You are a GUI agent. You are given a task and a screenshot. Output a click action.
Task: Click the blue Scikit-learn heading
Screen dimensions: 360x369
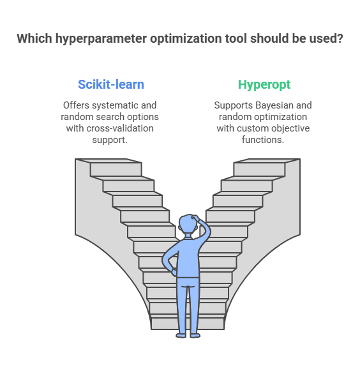(x=111, y=84)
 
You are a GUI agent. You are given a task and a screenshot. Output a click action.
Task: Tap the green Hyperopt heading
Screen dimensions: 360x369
(x=264, y=85)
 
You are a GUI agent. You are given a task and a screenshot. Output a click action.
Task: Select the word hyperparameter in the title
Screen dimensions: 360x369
(x=101, y=39)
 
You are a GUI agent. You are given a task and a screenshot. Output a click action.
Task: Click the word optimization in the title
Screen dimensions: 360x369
(x=186, y=38)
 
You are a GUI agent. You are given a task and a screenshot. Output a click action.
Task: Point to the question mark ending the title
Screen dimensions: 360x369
(x=340, y=38)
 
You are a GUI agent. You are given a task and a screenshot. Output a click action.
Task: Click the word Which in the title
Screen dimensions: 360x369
(x=34, y=38)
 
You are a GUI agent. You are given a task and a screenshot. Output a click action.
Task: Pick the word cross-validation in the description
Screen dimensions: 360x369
(x=120, y=128)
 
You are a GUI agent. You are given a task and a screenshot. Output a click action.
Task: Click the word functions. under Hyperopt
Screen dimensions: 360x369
(x=263, y=140)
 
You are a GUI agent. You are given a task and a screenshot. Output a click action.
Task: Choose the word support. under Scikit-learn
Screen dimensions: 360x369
(x=110, y=140)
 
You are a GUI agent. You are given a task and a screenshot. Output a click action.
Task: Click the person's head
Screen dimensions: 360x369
(x=188, y=224)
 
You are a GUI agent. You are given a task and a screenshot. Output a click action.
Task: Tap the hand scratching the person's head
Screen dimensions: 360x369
(x=196, y=218)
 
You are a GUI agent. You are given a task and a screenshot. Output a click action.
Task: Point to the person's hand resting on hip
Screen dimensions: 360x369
(x=174, y=273)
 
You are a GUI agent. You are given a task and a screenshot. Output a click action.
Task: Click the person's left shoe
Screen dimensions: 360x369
(x=181, y=335)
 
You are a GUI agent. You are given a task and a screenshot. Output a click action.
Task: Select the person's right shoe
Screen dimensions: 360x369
(x=195, y=335)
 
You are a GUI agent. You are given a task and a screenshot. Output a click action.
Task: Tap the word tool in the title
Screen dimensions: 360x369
(x=236, y=38)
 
